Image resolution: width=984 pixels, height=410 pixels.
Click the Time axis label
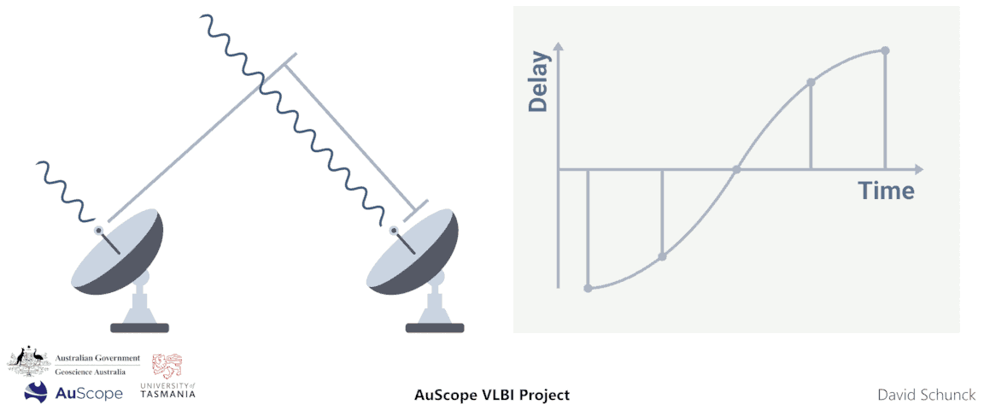point(886,190)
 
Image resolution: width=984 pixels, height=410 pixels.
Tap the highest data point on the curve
point(886,50)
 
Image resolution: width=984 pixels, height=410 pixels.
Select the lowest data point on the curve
point(588,289)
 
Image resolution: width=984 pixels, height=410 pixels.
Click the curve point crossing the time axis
point(736,169)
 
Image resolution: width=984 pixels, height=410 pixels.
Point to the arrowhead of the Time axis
point(919,169)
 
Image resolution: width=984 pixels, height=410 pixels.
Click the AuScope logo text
point(89,393)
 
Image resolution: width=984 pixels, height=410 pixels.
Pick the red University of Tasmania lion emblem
point(167,366)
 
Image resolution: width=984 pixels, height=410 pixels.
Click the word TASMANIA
point(168,394)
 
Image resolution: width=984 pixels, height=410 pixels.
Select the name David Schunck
point(926,395)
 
